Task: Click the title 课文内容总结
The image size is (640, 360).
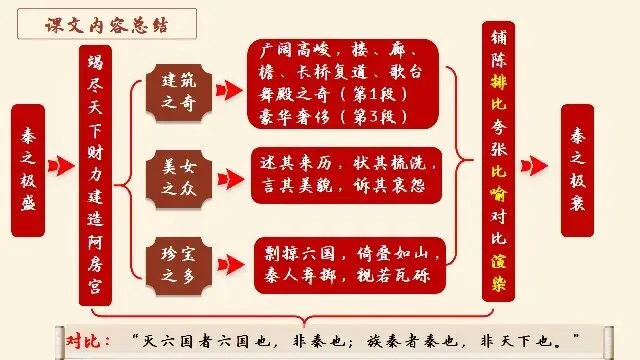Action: (107, 25)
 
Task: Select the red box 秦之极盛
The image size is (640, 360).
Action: (28, 170)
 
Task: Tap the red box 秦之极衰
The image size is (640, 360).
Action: (577, 170)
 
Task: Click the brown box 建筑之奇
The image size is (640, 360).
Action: (179, 92)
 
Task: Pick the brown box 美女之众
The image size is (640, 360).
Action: (179, 179)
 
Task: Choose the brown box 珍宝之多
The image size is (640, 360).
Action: (179, 266)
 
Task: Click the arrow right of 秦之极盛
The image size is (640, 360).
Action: (61, 166)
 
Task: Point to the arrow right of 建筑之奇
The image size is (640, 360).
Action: (229, 90)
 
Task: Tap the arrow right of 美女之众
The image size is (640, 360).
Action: (231, 179)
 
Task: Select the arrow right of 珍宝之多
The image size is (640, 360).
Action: (231, 265)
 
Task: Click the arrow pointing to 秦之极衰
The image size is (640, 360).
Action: (534, 166)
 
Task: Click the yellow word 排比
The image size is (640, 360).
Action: (498, 93)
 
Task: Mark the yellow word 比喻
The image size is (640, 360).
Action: (498, 182)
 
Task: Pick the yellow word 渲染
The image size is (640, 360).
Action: (498, 273)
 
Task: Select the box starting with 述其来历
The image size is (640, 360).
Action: (346, 175)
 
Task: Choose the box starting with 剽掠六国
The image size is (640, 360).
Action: (349, 265)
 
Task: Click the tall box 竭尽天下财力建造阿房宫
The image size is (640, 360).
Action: (95, 175)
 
